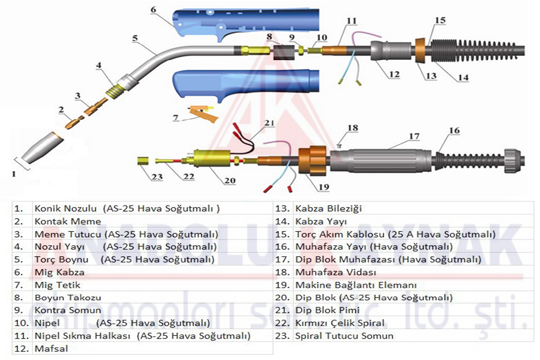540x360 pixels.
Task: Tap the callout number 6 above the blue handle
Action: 153,10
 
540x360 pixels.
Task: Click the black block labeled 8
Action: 283,52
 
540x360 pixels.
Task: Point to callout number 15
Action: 440,21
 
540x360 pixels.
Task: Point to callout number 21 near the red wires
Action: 270,123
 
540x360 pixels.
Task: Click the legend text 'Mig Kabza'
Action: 59,272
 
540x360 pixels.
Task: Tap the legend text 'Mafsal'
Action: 50,348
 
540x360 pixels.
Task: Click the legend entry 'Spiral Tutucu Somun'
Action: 344,336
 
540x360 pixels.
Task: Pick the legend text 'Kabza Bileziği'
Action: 328,209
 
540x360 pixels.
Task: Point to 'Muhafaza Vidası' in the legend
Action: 335,272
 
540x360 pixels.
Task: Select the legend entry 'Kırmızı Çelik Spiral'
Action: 339,323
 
